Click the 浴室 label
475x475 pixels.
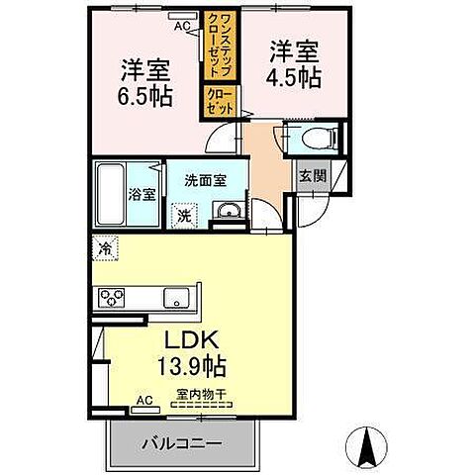click(142, 194)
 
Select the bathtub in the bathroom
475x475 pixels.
click(110, 194)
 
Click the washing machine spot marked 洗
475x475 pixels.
click(183, 213)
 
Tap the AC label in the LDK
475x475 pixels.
click(144, 402)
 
